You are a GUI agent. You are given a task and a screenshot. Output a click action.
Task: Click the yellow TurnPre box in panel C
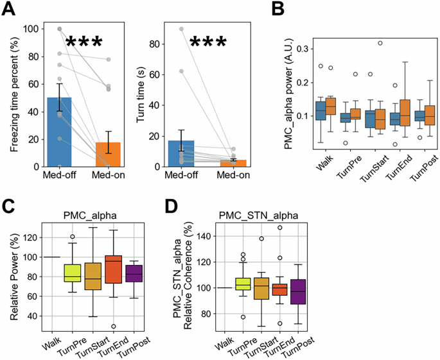(x=72, y=273)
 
